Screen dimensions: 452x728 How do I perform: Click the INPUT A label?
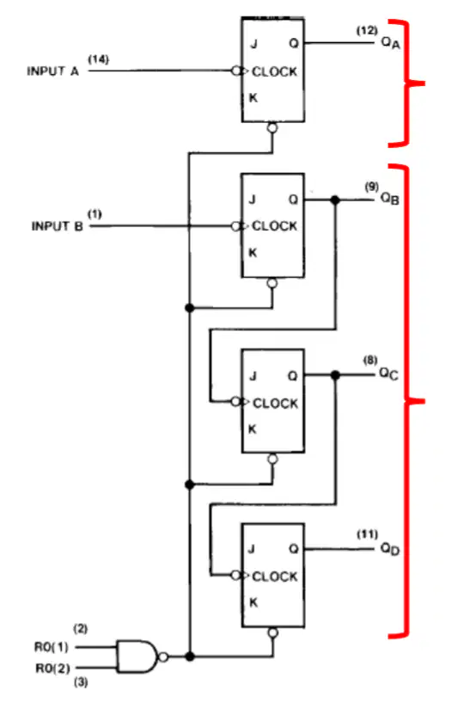tap(53, 71)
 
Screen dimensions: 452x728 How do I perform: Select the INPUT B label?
tap(57, 226)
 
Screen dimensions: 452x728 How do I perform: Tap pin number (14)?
tap(98, 59)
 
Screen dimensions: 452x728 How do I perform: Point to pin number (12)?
tap(367, 31)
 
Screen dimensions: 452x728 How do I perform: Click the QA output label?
tap(390, 43)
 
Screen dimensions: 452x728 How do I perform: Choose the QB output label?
tap(390, 198)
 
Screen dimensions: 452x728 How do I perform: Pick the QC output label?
tap(388, 373)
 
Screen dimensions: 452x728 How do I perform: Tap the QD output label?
tap(390, 549)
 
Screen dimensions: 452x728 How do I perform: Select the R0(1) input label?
tap(51, 647)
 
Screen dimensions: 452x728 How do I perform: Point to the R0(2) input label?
tap(53, 668)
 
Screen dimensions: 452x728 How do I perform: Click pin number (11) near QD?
tap(367, 534)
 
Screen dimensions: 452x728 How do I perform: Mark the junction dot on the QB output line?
tap(335, 201)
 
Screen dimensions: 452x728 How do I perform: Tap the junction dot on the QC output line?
tap(335, 374)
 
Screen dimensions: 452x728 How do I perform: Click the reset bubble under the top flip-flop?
tap(272, 127)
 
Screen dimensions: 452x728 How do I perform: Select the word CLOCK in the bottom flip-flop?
tap(274, 577)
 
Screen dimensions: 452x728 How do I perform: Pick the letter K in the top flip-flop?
tap(253, 98)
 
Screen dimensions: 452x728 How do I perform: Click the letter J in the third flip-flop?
tap(253, 375)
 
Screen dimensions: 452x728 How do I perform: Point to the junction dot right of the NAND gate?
tap(189, 657)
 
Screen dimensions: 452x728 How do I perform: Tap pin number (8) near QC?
tap(370, 360)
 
